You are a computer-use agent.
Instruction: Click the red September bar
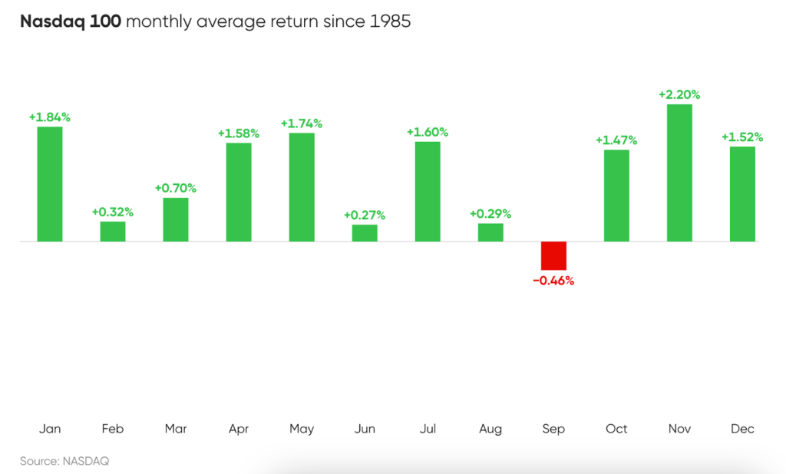(553, 255)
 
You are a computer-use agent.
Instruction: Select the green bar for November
(679, 173)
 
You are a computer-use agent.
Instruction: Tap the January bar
(50, 184)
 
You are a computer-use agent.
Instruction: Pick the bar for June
(365, 233)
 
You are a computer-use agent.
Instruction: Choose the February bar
(113, 232)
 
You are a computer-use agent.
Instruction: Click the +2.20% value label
(679, 95)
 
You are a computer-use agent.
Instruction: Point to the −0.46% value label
(553, 281)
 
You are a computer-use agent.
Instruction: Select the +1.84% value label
(50, 117)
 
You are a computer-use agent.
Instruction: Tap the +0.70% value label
(176, 188)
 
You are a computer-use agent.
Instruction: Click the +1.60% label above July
(428, 133)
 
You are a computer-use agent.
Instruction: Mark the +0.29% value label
(490, 214)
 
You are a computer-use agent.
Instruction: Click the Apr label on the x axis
(239, 429)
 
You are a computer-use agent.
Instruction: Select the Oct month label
(616, 429)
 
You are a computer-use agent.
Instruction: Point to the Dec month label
(742, 429)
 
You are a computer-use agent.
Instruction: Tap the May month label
(302, 429)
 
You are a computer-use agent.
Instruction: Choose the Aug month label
(490, 429)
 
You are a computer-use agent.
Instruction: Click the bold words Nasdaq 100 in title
(70, 21)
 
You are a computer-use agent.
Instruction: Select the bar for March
(176, 219)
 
